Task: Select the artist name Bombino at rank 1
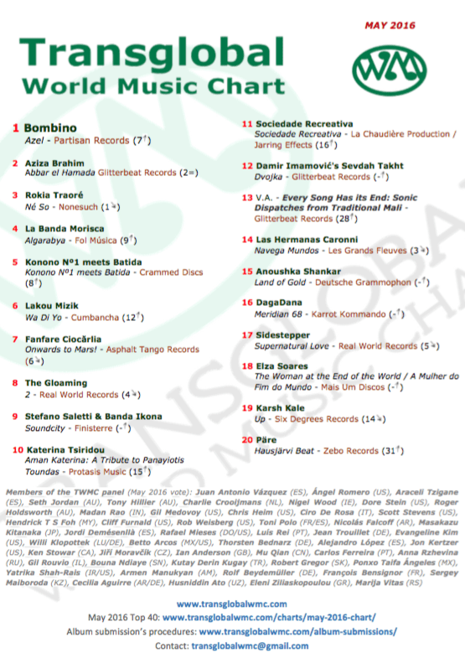(50, 128)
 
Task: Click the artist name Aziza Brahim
(54, 162)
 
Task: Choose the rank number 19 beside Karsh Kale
(246, 407)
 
